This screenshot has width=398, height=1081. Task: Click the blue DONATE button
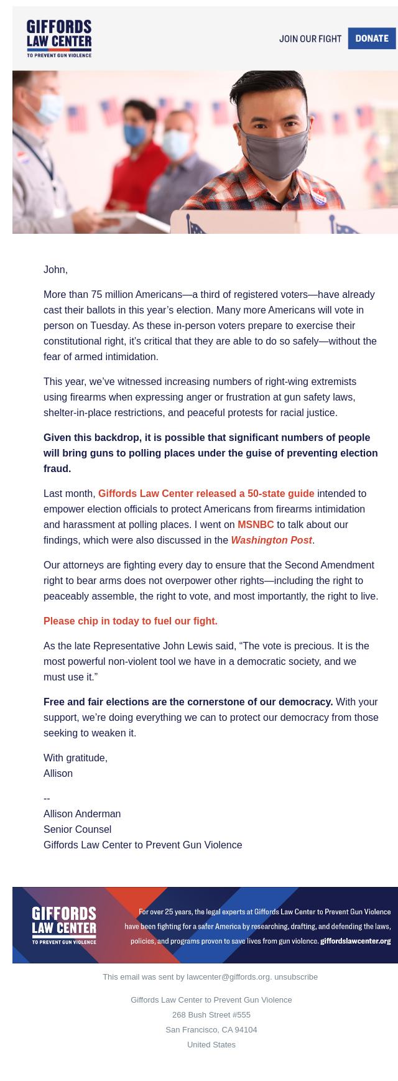372,39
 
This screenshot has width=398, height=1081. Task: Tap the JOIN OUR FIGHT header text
310,39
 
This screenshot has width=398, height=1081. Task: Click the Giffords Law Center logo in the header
59,39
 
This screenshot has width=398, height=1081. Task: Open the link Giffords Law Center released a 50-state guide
206,493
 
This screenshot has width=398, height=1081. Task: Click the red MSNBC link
256,524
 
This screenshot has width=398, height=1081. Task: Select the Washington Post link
271,540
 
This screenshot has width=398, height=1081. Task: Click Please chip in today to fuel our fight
131,621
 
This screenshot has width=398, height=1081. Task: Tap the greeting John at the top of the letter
55,269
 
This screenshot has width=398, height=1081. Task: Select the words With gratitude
75,758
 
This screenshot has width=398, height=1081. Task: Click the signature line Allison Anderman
82,814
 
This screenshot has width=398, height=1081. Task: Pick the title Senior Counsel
77,829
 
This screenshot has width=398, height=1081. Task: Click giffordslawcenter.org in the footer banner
355,941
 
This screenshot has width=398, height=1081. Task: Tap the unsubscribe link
296,977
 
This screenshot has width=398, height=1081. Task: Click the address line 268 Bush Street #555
211,1014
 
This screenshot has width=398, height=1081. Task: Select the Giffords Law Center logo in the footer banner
64,925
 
